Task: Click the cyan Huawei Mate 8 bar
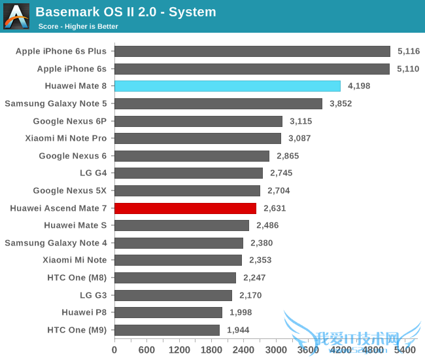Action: pyautogui.click(x=228, y=86)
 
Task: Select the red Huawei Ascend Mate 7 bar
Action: pyautogui.click(x=185, y=208)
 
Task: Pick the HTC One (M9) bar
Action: pyautogui.click(x=167, y=330)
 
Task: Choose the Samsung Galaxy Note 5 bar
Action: pyautogui.click(x=218, y=103)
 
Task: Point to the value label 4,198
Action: pyautogui.click(x=360, y=86)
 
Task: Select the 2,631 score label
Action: pyautogui.click(x=275, y=208)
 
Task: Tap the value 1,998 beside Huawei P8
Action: pyautogui.click(x=241, y=312)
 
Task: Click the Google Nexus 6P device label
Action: pyautogui.click(x=70, y=121)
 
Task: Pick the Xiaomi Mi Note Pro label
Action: pyautogui.click(x=66, y=138)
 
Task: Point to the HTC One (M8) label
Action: pyautogui.click(x=77, y=278)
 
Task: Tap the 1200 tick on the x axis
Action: pyautogui.click(x=179, y=350)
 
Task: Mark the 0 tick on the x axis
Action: pyautogui.click(x=114, y=350)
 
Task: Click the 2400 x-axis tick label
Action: pyautogui.click(x=244, y=350)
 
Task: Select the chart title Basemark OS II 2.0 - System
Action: pyautogui.click(x=126, y=12)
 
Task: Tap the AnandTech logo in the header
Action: pyautogui.click(x=16, y=16)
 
